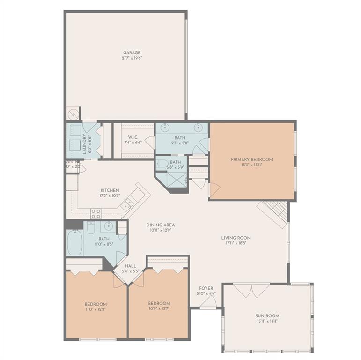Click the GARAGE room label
click(x=132, y=53)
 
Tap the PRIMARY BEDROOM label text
click(x=251, y=159)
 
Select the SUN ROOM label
click(x=267, y=315)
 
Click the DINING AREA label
click(x=160, y=225)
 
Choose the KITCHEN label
click(x=109, y=190)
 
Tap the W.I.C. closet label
click(x=133, y=137)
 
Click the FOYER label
click(x=206, y=288)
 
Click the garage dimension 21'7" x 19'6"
click(x=132, y=59)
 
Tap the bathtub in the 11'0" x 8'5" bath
click(x=75, y=242)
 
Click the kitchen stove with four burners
click(x=96, y=213)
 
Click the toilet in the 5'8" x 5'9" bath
click(x=162, y=164)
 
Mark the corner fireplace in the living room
click(x=274, y=213)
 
